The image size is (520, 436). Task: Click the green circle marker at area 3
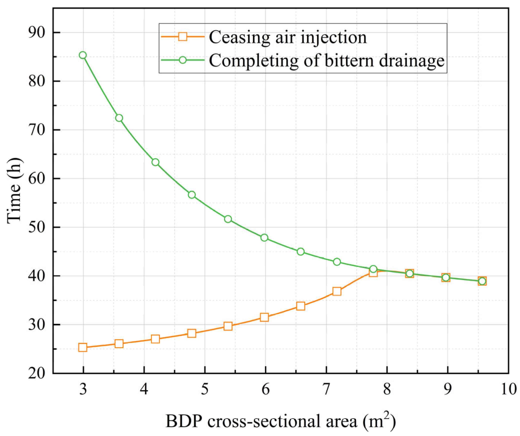[x=83, y=55]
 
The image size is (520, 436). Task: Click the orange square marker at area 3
[x=83, y=347]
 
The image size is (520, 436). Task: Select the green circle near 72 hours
[x=119, y=118]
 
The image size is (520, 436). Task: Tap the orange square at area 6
[x=264, y=317]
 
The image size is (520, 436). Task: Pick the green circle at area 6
[x=264, y=238]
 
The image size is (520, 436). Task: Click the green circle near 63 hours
[x=155, y=162]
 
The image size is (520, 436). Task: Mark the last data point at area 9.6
[x=482, y=281]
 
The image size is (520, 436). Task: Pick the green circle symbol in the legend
[x=183, y=60]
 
